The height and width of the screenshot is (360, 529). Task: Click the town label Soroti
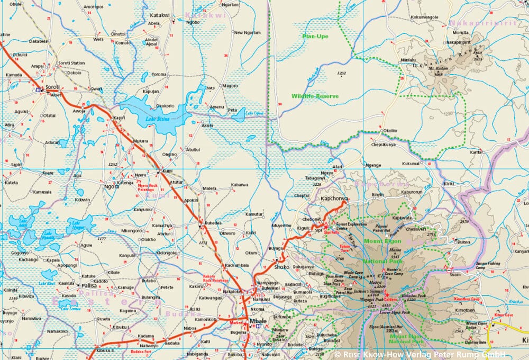(x=52, y=86)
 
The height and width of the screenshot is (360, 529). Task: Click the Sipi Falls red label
(x=331, y=231)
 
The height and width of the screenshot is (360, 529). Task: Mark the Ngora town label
(x=112, y=186)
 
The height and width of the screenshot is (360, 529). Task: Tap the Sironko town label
(x=281, y=267)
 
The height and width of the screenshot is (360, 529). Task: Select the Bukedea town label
(x=214, y=224)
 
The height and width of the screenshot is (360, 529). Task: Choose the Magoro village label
(x=230, y=85)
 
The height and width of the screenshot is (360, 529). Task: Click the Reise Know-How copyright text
(x=420, y=353)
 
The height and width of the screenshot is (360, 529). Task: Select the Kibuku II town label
(x=106, y=349)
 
